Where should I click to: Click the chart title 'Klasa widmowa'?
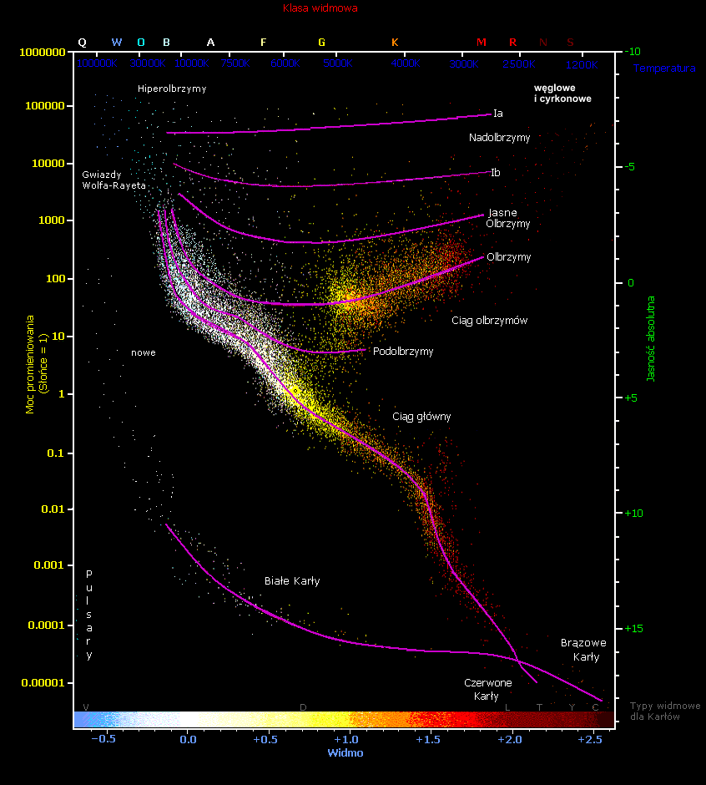point(320,9)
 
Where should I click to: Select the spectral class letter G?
point(322,42)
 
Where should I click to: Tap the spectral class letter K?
point(395,42)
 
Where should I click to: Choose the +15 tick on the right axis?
point(636,628)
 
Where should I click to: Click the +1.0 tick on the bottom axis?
point(345,739)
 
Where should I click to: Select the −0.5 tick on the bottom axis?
point(103,739)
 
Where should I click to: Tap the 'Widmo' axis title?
point(345,752)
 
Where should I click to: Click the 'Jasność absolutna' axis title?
point(651,339)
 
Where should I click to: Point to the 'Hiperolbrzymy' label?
point(172,89)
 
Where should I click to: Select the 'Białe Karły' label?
point(292,580)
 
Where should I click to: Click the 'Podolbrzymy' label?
point(403,352)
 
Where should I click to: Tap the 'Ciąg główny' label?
point(421,416)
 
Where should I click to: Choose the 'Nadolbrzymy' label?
point(499,138)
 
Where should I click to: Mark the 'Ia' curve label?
point(497,114)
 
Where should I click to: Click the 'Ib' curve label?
point(496,173)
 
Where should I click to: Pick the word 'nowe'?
point(144,352)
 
